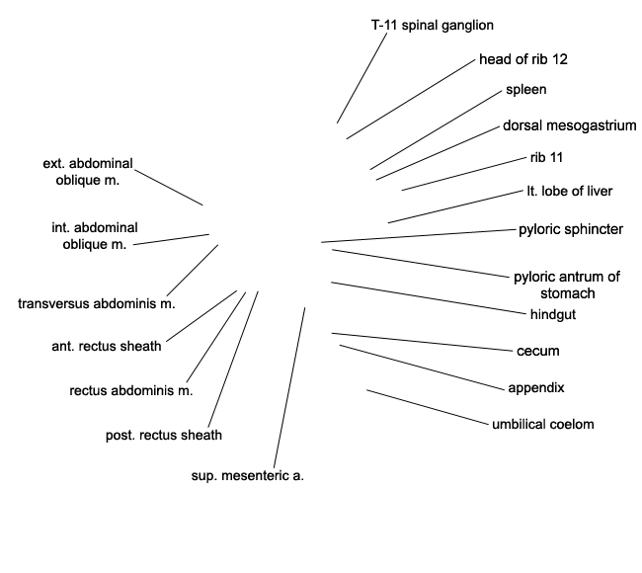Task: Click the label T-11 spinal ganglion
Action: (x=433, y=26)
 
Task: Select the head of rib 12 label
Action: (x=523, y=59)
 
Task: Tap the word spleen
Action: (x=526, y=90)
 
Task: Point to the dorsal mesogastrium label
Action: (x=570, y=125)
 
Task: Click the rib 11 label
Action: (x=546, y=157)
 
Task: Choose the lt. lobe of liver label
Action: (x=570, y=192)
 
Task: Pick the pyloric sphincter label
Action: (x=571, y=229)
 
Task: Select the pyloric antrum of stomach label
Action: (x=567, y=286)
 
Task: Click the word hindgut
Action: (x=553, y=314)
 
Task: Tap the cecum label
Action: (x=538, y=351)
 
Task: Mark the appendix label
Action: (x=536, y=388)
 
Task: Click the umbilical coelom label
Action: (x=543, y=425)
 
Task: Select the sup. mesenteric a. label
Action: (x=248, y=476)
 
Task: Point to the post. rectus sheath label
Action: (x=164, y=435)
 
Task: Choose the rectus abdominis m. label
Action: (x=131, y=391)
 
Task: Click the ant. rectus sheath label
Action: (x=107, y=347)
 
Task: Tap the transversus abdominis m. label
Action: (x=97, y=304)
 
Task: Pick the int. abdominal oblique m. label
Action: (x=95, y=236)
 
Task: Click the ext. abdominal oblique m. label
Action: (x=88, y=172)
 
